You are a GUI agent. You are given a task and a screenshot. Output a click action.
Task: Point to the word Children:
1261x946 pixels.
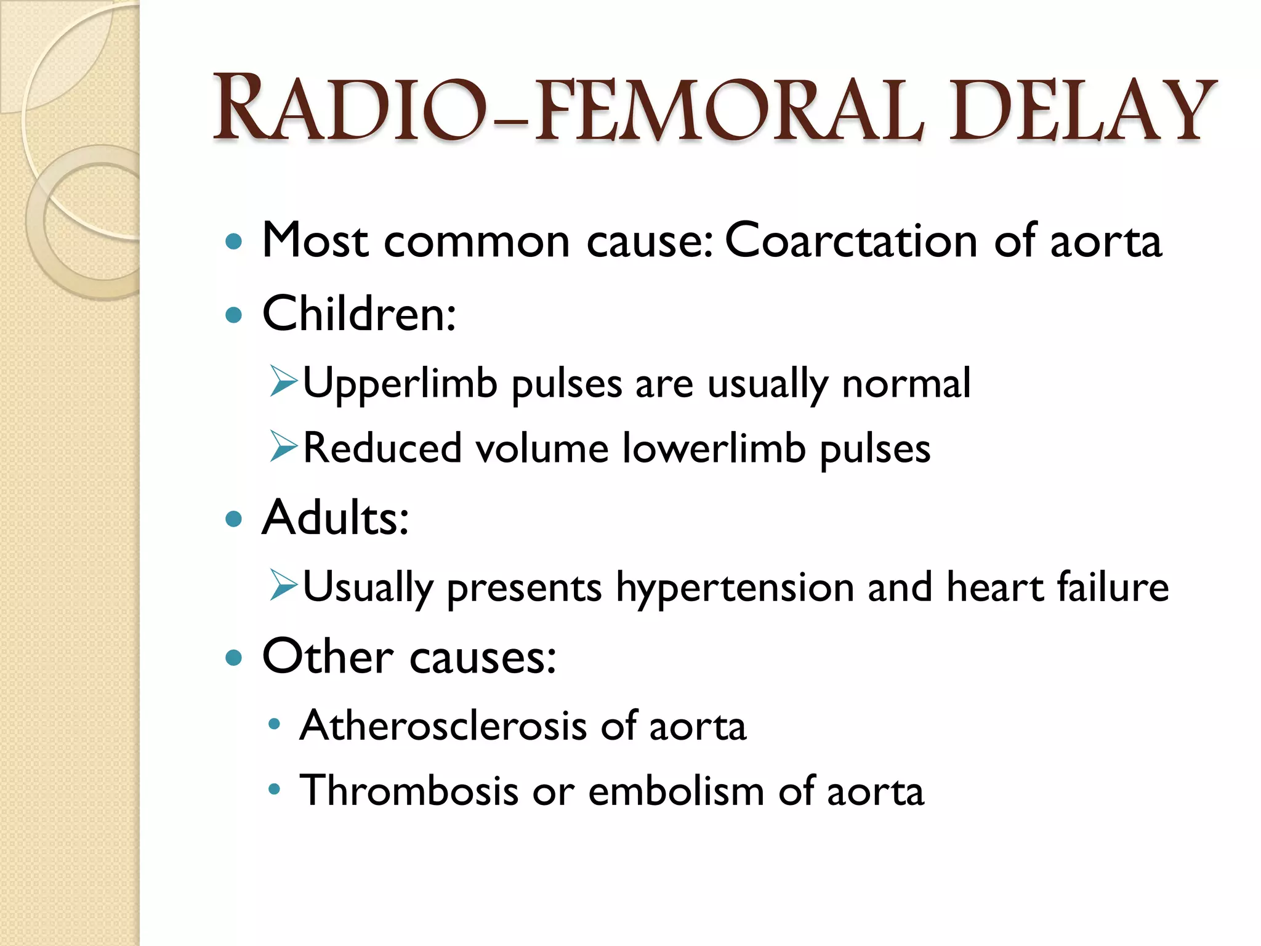[x=359, y=313]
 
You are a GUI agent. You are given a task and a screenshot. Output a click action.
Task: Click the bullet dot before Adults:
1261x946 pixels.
[x=234, y=519]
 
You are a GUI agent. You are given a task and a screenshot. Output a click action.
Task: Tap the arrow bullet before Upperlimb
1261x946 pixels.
[x=284, y=381]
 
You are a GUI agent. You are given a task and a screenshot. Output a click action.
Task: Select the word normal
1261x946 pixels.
[x=906, y=384]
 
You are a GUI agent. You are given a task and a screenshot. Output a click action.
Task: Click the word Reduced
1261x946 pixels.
[x=382, y=448]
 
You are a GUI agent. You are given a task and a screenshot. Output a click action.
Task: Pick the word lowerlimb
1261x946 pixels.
[x=714, y=448]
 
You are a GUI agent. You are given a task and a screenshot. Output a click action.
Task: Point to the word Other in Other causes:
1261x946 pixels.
[x=328, y=657]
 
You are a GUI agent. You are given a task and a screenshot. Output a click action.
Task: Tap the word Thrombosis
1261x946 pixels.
[x=409, y=791]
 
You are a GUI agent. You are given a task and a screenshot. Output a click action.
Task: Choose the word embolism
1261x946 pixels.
[x=676, y=791]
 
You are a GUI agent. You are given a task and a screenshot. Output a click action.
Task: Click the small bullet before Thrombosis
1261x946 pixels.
[x=275, y=788]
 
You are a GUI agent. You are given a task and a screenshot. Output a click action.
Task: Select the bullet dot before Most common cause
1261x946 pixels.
[x=234, y=241]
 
